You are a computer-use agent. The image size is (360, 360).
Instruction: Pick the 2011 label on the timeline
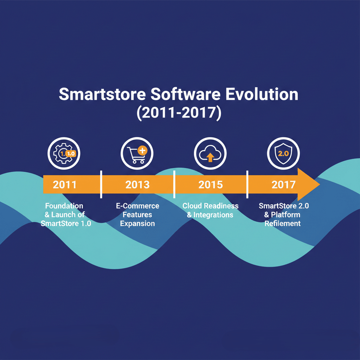[x=65, y=185]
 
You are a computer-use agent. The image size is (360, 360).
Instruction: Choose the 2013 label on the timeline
[x=137, y=185]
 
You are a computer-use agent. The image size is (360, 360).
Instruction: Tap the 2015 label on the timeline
[x=211, y=185]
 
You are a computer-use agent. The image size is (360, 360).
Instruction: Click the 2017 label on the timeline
[x=283, y=185]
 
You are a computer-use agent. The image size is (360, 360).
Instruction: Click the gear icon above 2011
[x=64, y=153]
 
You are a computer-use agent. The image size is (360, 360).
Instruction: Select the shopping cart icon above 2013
[x=137, y=153]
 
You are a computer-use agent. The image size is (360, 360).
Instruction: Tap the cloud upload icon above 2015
[x=210, y=153]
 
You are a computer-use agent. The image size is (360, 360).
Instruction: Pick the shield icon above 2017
[x=283, y=153]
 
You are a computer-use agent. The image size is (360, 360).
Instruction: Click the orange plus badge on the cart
[x=143, y=151]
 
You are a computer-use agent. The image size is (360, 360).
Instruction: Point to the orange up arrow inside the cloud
[x=210, y=157]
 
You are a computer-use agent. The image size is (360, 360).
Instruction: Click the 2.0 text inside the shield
[x=283, y=154]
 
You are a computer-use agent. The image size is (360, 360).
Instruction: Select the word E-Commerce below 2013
[x=137, y=206]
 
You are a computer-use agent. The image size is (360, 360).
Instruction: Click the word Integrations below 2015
[x=213, y=214]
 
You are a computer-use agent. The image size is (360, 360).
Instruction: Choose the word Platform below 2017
[x=285, y=214]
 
